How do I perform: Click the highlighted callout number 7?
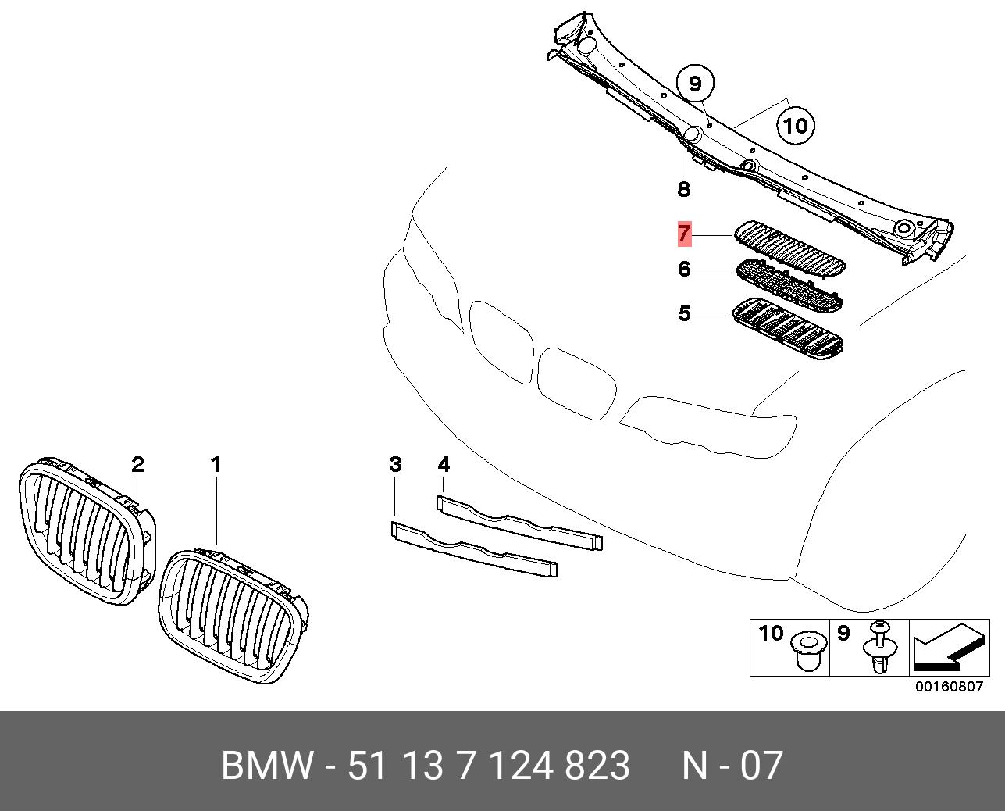coord(684,233)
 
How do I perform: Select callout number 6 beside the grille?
coord(684,270)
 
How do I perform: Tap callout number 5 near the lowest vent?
coord(684,314)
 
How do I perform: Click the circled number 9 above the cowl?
coord(695,83)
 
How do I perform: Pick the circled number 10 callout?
coord(795,125)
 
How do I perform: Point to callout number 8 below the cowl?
coord(684,188)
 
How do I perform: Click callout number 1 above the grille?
coord(216,465)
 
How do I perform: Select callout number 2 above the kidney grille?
coord(137,465)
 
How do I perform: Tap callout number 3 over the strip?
coord(395,465)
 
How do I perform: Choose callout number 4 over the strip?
coord(444,465)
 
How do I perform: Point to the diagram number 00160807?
coord(949,688)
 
